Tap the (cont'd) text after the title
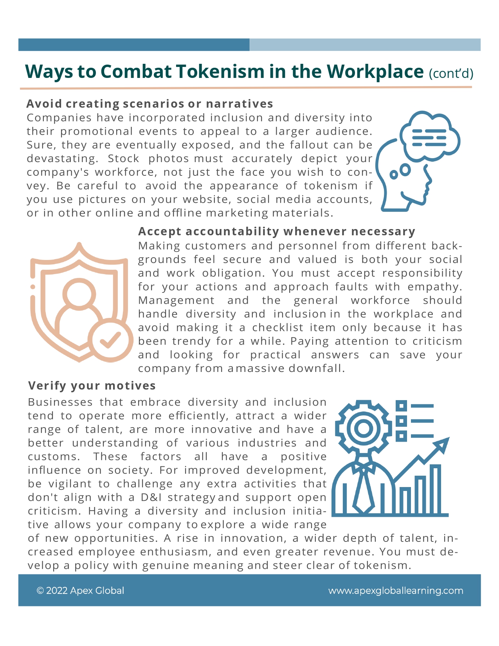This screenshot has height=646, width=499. click(x=451, y=74)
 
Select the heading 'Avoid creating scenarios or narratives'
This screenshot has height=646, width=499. click(x=150, y=104)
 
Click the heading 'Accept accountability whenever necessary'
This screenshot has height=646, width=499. click(x=276, y=231)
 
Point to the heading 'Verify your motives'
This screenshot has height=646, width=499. click(x=92, y=386)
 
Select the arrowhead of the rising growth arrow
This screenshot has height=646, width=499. click(x=442, y=444)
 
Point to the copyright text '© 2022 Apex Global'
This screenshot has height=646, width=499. click(x=80, y=590)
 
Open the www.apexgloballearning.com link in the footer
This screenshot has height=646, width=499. click(x=395, y=590)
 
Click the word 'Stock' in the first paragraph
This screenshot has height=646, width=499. click(x=123, y=159)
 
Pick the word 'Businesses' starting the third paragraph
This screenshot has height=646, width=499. click(x=60, y=402)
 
